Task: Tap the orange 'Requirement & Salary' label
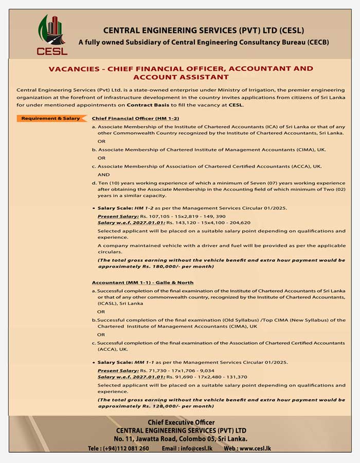click(50, 118)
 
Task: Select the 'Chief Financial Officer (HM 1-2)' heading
click(128, 118)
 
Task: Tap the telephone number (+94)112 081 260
click(118, 448)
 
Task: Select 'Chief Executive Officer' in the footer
click(181, 422)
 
